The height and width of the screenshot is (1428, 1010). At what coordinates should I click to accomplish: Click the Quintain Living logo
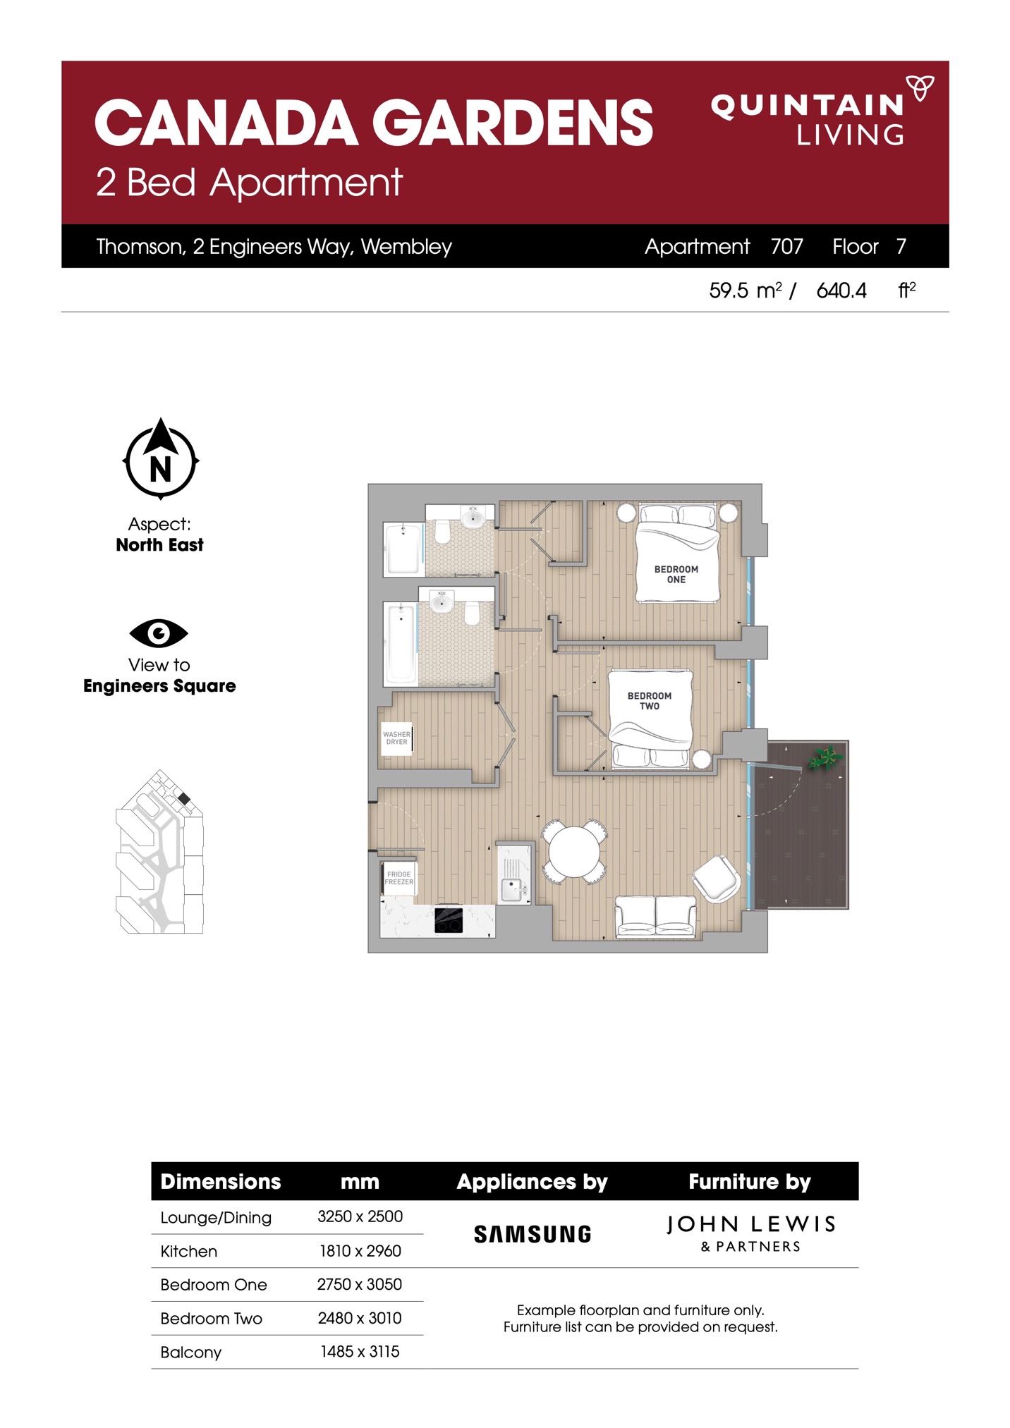point(822,110)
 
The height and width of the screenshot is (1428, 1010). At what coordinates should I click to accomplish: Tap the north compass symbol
point(161,458)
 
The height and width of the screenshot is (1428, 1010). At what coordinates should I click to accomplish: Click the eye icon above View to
point(159,633)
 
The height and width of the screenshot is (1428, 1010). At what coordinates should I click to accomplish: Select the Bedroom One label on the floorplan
point(676,574)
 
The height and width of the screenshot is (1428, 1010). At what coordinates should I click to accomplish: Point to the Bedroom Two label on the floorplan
point(649,700)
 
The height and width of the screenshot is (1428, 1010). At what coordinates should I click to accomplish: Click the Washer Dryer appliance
point(396,738)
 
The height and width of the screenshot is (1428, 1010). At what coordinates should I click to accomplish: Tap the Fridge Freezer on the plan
point(399,878)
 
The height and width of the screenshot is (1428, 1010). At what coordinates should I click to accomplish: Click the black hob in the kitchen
point(449,920)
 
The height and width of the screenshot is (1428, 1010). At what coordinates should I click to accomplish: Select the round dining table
point(574,851)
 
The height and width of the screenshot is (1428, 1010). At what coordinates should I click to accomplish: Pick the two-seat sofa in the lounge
point(655,916)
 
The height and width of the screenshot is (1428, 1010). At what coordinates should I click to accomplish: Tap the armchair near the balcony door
point(717,878)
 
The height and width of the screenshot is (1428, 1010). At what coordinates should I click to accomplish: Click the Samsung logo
point(533,1234)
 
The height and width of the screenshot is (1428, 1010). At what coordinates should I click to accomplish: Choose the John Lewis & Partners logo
point(750,1233)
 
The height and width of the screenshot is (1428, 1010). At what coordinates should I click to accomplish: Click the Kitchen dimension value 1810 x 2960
point(360,1250)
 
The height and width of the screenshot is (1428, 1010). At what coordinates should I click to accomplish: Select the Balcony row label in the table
point(190,1352)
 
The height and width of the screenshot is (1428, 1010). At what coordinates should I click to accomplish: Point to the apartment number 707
point(786,246)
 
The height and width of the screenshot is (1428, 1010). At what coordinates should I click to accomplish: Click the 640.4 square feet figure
point(841,291)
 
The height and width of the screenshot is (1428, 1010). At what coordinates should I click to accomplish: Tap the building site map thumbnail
point(159,851)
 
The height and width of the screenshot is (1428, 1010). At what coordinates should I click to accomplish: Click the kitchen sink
point(513,889)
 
